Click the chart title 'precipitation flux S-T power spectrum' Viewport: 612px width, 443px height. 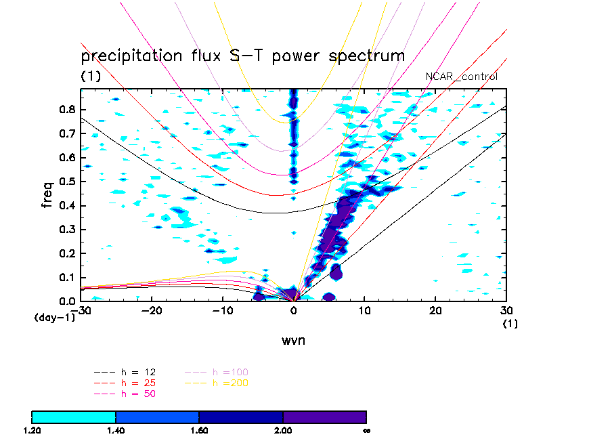[x=242, y=56]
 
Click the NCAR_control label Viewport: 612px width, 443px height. [x=461, y=77]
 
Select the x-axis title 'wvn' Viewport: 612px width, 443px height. [x=293, y=340]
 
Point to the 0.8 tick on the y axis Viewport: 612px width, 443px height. [x=68, y=110]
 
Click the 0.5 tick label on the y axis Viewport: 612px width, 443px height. [x=68, y=182]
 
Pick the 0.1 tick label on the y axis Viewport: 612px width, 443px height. [x=68, y=277]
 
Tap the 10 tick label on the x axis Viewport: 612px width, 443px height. [x=365, y=310]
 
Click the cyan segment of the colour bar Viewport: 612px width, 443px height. [x=74, y=417]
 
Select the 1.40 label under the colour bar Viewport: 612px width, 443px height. [x=116, y=430]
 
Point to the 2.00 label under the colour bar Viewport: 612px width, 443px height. [x=283, y=430]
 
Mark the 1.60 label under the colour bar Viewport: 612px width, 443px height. [x=199, y=430]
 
